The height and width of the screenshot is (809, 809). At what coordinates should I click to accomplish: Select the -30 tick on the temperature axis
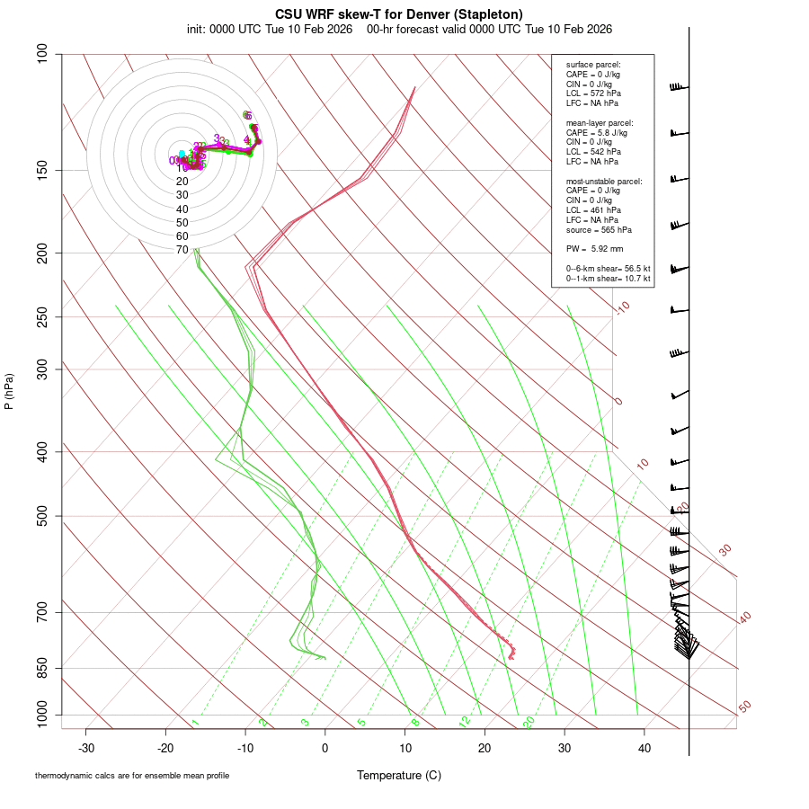[x=86, y=748]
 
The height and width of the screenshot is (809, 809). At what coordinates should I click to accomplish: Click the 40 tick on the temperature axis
[x=645, y=748]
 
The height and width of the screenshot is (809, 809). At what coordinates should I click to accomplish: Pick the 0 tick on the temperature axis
[x=325, y=748]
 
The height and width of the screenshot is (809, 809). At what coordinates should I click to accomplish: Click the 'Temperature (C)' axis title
[x=399, y=775]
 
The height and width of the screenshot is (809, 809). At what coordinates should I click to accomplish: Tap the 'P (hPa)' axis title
[x=9, y=392]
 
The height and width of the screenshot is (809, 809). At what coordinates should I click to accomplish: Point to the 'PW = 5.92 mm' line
[x=594, y=248]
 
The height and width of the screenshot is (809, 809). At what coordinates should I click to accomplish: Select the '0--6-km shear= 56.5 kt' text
[x=608, y=269]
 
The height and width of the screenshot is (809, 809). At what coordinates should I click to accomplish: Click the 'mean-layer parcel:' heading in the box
[x=600, y=122]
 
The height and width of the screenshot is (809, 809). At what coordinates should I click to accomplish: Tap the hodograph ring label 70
[x=182, y=250]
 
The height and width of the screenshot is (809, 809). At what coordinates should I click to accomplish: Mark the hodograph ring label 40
[x=182, y=209]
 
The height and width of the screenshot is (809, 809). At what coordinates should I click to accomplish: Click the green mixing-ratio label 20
[x=529, y=722]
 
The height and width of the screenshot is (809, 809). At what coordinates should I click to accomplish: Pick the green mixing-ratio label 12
[x=465, y=722]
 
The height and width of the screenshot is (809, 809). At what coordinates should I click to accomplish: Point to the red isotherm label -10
[x=622, y=308]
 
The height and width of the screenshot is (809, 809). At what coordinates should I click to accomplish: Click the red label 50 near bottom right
[x=745, y=707]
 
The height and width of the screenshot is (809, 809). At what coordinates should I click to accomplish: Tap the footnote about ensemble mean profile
[x=132, y=776]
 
